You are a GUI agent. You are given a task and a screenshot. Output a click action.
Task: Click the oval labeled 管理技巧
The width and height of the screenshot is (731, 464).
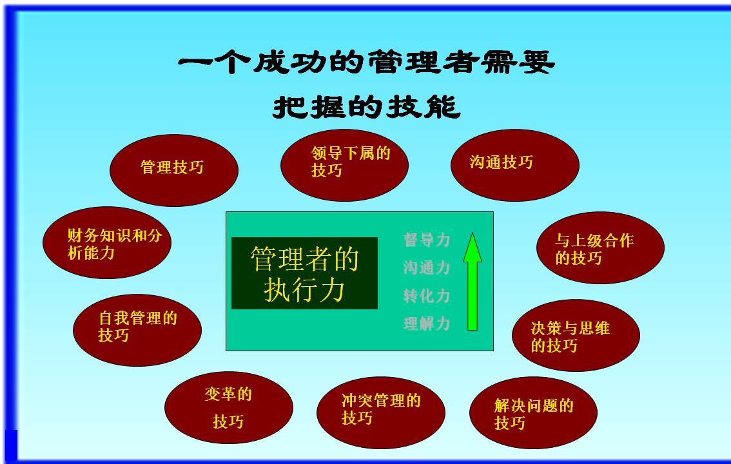174,170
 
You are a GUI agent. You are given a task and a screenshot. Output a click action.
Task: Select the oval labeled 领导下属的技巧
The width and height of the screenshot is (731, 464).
344,165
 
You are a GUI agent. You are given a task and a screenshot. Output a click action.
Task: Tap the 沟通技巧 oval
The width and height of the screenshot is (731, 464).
515,165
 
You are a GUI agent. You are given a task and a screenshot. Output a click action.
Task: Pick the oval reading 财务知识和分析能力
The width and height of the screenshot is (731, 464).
107,242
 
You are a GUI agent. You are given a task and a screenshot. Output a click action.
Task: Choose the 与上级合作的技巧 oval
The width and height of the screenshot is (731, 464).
601,247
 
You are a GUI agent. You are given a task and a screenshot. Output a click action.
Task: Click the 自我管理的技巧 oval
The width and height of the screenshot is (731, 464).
137,330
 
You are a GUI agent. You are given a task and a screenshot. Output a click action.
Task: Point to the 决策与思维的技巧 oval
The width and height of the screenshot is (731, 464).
576,335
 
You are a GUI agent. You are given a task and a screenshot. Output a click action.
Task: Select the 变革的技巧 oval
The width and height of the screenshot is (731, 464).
229,407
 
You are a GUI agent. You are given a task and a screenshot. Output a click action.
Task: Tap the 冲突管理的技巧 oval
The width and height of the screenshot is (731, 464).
381,412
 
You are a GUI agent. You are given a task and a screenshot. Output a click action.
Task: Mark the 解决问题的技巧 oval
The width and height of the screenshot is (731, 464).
533,412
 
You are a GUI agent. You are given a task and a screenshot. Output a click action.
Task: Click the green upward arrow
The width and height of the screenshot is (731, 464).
473,282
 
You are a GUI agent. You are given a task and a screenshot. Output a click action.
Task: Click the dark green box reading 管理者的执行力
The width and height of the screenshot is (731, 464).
304,273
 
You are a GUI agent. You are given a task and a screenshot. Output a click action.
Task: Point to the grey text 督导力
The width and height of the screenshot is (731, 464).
427,240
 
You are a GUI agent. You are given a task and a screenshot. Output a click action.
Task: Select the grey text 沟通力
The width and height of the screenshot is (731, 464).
427,267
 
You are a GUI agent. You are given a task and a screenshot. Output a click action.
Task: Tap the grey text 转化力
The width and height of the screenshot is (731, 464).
427,295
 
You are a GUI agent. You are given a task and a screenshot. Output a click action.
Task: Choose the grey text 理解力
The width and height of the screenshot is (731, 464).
427,324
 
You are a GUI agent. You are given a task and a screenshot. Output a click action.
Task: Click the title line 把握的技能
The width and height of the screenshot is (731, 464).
366,107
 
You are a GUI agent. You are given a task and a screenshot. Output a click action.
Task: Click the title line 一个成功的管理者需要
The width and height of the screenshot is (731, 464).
366,62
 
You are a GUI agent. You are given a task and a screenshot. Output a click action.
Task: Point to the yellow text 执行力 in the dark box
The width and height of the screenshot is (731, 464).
304,289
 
